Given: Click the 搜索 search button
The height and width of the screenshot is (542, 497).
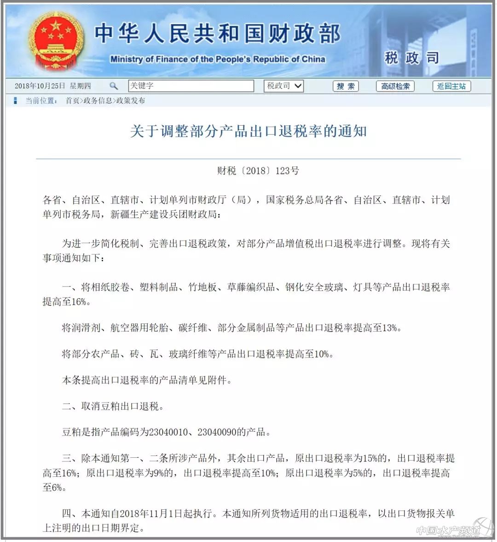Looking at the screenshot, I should (345, 86).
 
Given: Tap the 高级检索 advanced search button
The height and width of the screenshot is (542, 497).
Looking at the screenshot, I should (395, 86).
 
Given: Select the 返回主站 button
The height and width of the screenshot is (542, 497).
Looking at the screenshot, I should (451, 86).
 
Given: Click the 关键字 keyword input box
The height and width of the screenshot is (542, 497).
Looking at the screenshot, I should (191, 86).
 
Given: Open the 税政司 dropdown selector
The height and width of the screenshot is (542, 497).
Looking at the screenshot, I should (284, 86).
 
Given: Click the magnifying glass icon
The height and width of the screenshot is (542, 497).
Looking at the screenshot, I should (113, 86).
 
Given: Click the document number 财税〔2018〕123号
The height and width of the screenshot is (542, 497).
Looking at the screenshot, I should (258, 171).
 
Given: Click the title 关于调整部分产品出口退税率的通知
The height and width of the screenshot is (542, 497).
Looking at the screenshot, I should (248, 132).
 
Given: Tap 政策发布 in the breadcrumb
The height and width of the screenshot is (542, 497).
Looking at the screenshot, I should (130, 101).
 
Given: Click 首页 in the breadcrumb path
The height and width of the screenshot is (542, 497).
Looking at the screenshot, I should (72, 101).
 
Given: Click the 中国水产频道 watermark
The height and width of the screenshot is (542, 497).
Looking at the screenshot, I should (449, 530).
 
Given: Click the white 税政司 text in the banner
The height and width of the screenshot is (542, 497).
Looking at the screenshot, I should (411, 58).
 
